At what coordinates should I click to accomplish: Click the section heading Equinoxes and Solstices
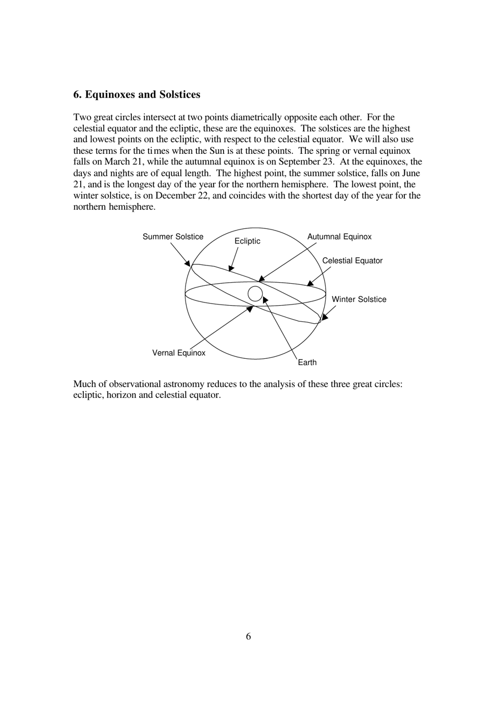click(x=137, y=94)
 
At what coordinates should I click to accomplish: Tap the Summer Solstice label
click(x=173, y=237)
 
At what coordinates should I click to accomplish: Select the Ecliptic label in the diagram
click(x=247, y=241)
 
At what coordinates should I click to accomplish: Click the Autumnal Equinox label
click(x=339, y=237)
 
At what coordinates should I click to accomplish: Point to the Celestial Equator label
click(x=352, y=261)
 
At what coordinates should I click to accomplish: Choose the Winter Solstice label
click(x=359, y=299)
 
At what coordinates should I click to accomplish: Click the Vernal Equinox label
click(x=179, y=353)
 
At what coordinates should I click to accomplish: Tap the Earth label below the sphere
click(x=307, y=362)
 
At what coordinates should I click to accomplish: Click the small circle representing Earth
click(x=255, y=294)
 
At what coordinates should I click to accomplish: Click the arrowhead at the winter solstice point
click(x=324, y=317)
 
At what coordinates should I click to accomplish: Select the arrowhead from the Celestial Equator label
click(x=310, y=284)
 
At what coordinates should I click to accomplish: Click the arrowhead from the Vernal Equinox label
click(x=250, y=308)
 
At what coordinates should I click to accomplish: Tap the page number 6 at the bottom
click(x=248, y=636)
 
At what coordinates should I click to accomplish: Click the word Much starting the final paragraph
click(x=83, y=384)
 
